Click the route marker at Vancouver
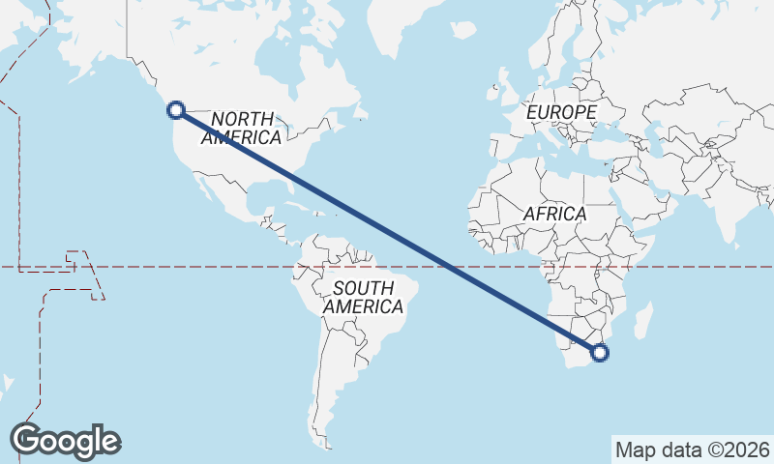[176, 110]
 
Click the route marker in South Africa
[600, 353]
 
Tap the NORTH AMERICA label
[242, 128]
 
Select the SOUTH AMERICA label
[363, 297]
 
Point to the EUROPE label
[561, 113]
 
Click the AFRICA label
[554, 214]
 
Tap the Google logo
[65, 441]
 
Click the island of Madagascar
[643, 321]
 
